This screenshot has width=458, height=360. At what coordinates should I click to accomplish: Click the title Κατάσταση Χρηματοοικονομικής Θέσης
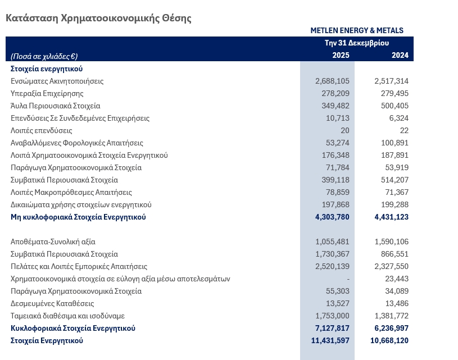tap(98, 18)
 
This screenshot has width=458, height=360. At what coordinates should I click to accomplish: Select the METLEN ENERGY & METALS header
tap(357, 31)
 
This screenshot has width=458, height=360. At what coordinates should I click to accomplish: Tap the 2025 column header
tap(341, 55)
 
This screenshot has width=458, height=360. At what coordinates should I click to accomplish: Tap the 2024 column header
tap(400, 55)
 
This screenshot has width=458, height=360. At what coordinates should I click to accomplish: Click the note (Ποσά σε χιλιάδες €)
tap(44, 56)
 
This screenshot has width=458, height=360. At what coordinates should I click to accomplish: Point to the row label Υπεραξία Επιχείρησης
tap(47, 93)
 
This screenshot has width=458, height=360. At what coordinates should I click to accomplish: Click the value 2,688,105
tap(332, 81)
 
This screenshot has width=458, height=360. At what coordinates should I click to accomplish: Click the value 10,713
tap(337, 118)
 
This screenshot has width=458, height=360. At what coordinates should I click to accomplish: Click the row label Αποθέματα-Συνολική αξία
tap(53, 241)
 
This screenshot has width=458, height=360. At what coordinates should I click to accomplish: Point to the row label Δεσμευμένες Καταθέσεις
tap(52, 303)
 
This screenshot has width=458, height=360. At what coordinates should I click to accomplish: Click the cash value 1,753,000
tap(332, 316)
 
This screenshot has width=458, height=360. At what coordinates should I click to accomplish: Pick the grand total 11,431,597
tap(330, 340)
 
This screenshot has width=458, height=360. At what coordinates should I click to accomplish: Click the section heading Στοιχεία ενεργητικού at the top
tap(47, 69)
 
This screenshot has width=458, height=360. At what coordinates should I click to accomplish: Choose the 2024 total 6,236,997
tap(391, 328)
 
